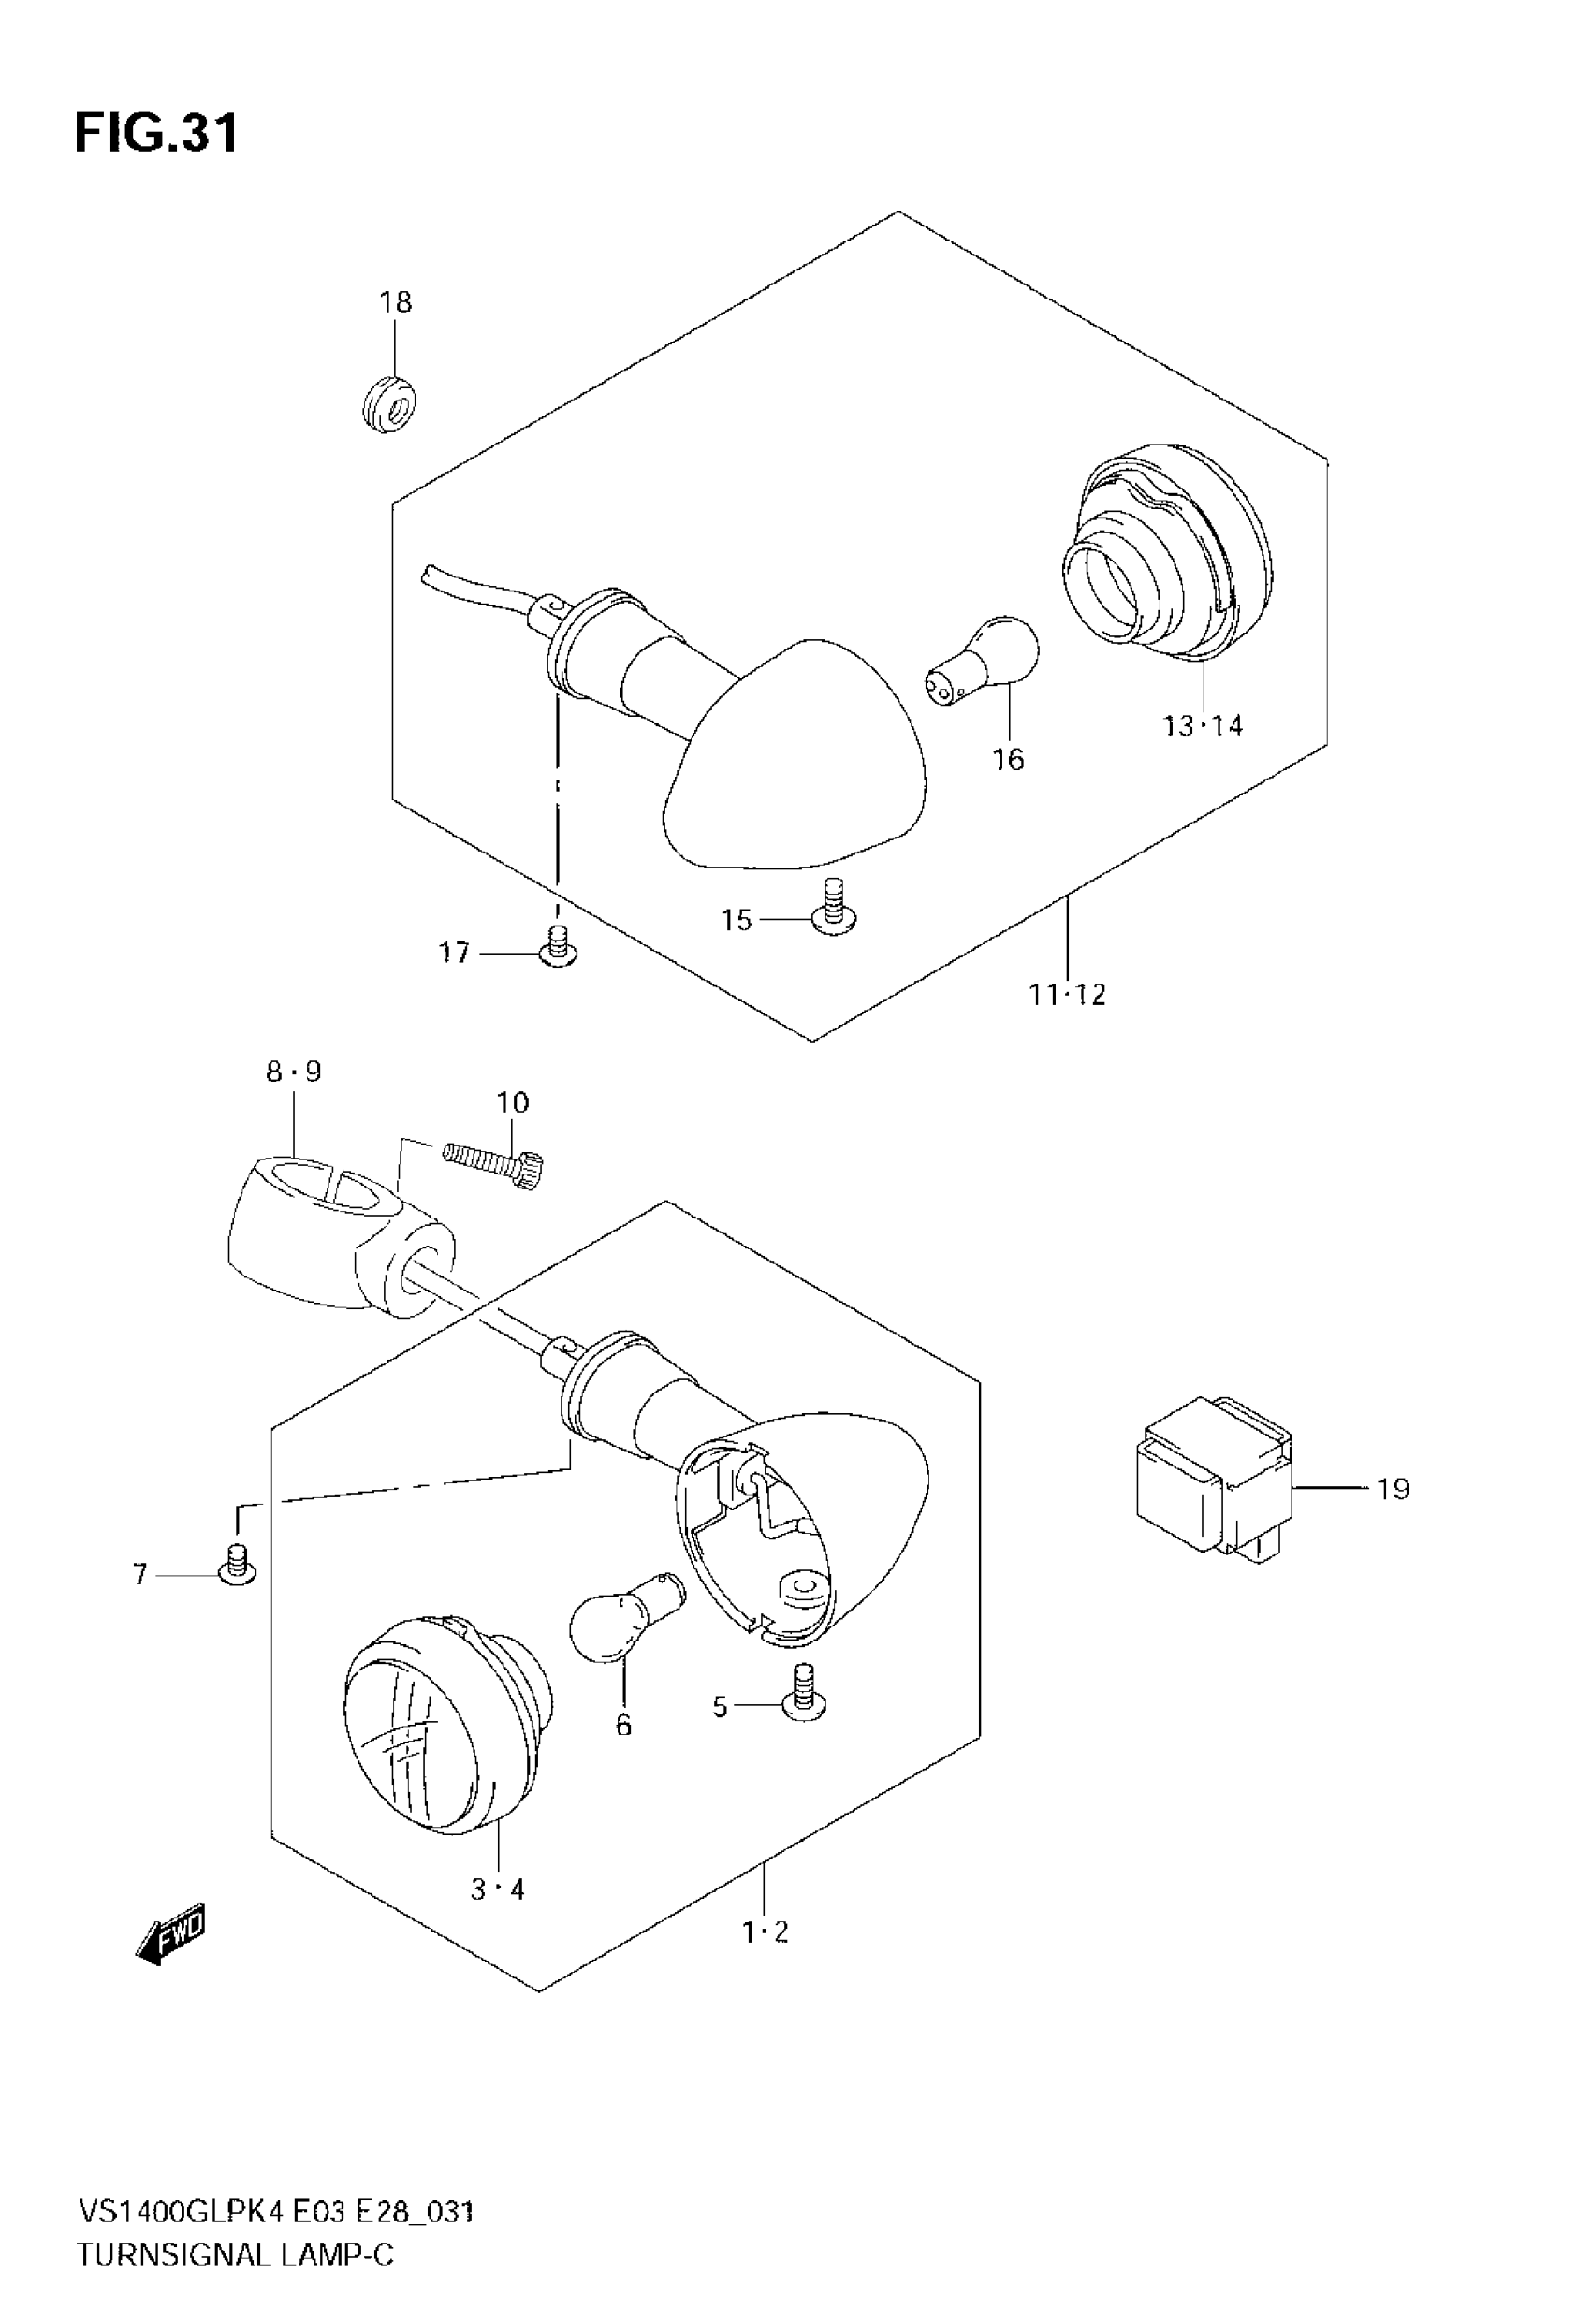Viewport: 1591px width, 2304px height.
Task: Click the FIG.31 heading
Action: click(157, 134)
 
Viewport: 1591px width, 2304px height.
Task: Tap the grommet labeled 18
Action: click(388, 403)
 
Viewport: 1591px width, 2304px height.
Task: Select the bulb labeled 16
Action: click(983, 656)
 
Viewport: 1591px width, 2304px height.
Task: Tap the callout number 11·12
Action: click(1068, 995)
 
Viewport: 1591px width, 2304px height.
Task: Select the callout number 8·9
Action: click(293, 1072)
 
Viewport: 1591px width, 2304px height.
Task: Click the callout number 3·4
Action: click(496, 1888)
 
